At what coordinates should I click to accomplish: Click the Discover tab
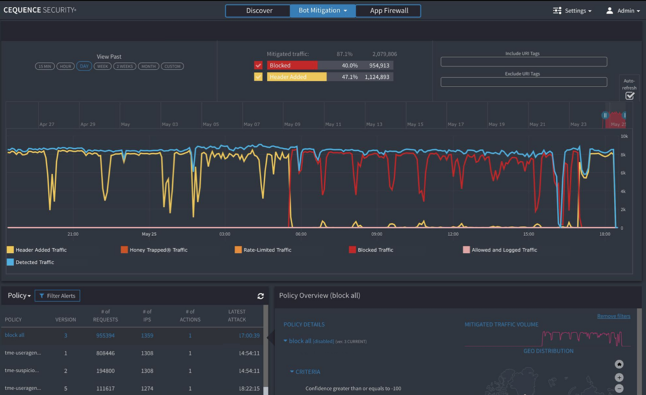click(259, 11)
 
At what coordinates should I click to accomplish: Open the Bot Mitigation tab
click(323, 11)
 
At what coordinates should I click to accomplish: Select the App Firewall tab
click(389, 11)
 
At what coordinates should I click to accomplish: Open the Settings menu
click(572, 11)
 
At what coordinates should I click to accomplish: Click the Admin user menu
click(620, 11)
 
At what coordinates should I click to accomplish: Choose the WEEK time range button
click(102, 66)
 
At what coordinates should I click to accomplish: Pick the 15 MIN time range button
click(45, 66)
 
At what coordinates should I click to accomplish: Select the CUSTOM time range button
click(172, 66)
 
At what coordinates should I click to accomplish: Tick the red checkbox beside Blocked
click(258, 65)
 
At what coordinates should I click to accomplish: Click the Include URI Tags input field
click(524, 62)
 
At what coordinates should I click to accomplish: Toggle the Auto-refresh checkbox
click(630, 96)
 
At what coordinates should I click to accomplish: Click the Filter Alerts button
click(57, 295)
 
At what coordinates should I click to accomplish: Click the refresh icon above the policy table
click(261, 296)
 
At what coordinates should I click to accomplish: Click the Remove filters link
click(614, 316)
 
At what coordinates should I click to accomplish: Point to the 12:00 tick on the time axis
click(452, 233)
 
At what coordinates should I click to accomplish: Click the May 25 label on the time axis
click(149, 233)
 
